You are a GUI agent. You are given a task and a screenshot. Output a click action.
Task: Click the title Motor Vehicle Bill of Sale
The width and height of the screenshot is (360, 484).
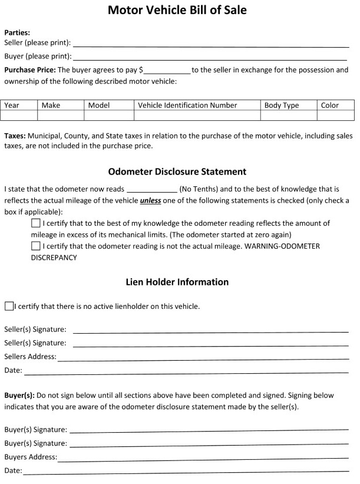point(177,11)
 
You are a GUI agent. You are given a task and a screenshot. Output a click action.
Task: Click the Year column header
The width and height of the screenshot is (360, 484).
point(12,106)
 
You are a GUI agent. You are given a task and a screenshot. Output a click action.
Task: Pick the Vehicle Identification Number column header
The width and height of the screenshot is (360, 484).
point(187,106)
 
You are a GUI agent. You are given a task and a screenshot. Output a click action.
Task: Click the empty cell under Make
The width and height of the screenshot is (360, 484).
point(61,116)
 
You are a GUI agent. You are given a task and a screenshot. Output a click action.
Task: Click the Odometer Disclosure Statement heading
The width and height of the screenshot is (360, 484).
point(177,172)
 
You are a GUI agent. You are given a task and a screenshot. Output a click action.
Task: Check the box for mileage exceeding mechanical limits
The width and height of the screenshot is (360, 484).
point(36,224)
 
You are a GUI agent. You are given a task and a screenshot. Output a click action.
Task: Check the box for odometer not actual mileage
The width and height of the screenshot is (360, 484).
point(36,246)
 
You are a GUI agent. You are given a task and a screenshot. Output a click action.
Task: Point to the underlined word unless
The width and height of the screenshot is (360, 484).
point(150,200)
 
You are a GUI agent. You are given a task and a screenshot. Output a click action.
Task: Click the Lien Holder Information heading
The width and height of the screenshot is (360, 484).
point(177,282)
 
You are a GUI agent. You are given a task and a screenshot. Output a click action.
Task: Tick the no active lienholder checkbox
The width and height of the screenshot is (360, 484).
point(8,307)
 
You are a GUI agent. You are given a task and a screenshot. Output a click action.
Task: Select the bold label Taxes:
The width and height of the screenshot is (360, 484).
point(15,136)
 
